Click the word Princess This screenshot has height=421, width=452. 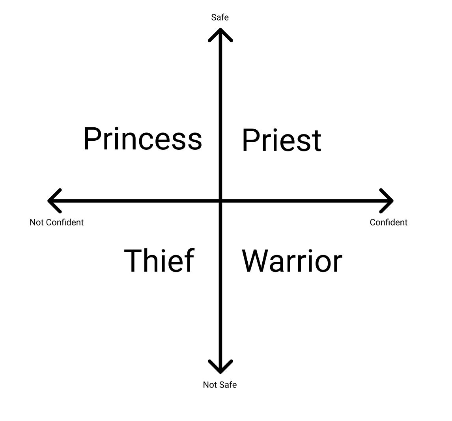[x=142, y=139]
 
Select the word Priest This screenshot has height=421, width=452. [x=282, y=140]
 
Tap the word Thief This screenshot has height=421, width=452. [x=159, y=261]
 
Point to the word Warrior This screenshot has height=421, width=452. [x=292, y=261]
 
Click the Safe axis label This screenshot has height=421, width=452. [x=220, y=17]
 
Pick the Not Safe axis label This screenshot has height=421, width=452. [x=220, y=385]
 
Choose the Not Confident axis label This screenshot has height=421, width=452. [x=56, y=222]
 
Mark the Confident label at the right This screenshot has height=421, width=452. [x=388, y=222]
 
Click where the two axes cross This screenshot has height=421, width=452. [x=220, y=201]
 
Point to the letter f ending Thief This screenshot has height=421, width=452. [x=189, y=260]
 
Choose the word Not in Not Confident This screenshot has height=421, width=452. [x=36, y=222]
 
